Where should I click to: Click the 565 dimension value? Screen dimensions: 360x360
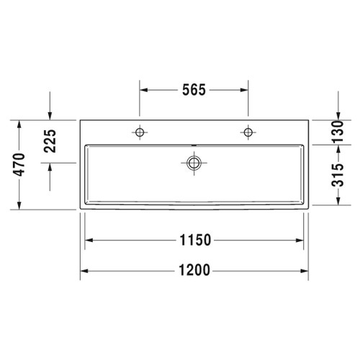194,90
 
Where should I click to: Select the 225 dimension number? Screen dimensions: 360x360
50,142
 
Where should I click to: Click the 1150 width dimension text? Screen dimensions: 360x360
194,240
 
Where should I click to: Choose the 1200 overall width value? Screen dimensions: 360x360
194,271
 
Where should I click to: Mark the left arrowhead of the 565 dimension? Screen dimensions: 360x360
143,90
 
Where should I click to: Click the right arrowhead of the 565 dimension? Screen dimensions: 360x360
245,90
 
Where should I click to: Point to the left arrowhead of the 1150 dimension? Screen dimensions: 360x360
89,240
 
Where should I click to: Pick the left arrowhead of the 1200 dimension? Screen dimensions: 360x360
84,271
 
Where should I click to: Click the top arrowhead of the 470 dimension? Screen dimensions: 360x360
21,122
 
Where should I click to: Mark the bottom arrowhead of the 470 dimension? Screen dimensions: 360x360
21,207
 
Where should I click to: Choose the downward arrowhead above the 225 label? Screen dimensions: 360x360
50,114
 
